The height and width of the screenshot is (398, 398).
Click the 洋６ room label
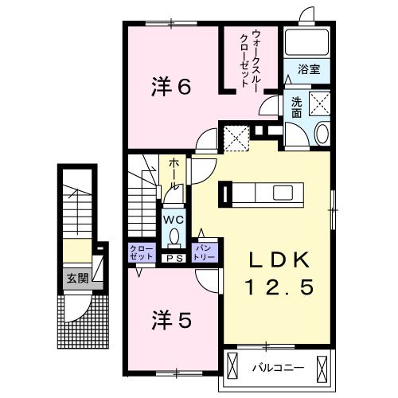pos(171,88)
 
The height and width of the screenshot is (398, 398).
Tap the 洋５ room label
pos(170,320)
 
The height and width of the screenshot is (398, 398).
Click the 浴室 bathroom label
pos(309,69)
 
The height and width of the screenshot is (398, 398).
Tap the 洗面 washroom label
pos(296,107)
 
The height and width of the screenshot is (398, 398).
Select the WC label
pos(174,218)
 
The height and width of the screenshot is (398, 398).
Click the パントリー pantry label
pos(204,253)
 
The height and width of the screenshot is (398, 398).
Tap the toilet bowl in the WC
pos(174,236)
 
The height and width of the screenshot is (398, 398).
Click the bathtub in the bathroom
pos(307,43)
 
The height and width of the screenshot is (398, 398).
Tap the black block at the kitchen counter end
pos(227,193)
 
